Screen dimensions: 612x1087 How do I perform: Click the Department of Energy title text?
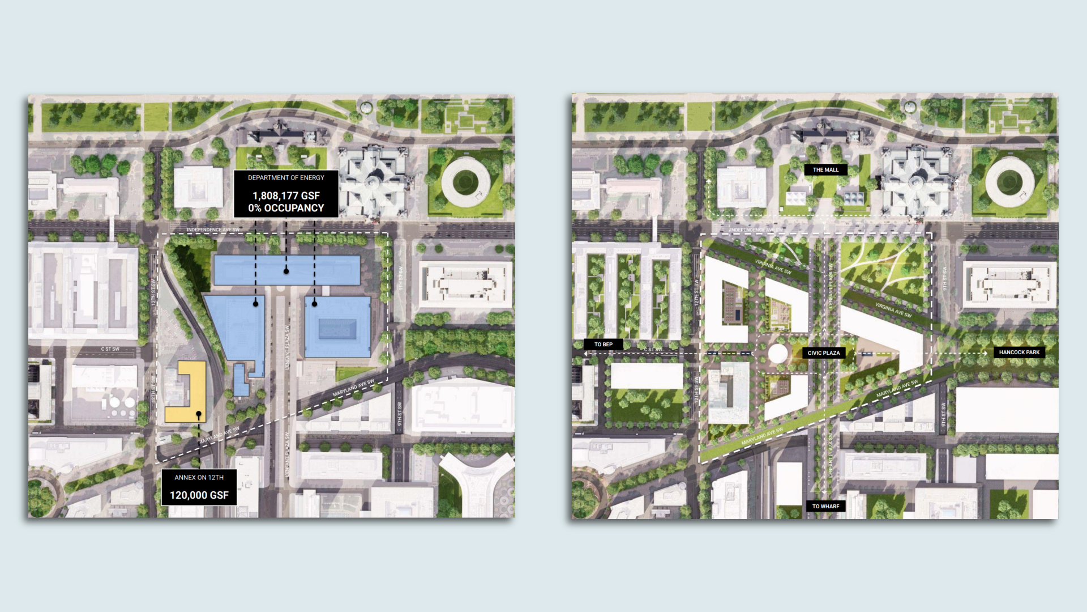click(286, 177)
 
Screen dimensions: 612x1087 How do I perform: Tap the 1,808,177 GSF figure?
click(286, 195)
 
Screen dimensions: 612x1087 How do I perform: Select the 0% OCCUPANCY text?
click(286, 208)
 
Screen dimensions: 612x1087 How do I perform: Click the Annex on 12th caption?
click(199, 477)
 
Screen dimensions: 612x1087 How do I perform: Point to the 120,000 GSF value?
click(199, 495)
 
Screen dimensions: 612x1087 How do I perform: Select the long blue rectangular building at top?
click(286, 270)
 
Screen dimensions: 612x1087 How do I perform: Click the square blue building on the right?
click(337, 327)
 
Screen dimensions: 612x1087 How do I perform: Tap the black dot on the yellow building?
click(199, 415)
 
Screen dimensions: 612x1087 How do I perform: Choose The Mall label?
click(825, 169)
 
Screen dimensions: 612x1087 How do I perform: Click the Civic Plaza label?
click(824, 352)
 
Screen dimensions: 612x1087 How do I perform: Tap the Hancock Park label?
click(1019, 352)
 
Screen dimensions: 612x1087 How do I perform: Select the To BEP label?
click(603, 344)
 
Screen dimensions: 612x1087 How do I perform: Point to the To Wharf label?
click(825, 506)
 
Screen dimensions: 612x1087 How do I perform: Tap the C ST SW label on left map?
click(110, 349)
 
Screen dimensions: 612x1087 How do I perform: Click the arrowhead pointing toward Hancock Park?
click(986, 353)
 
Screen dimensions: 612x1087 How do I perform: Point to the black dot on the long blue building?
click(286, 271)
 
